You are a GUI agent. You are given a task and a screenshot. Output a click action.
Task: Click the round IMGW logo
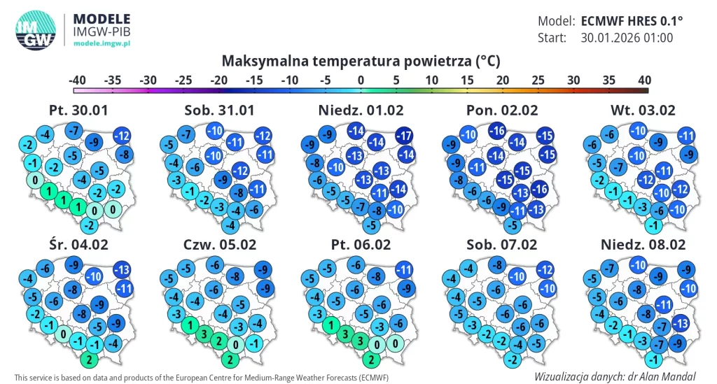coord(36,29)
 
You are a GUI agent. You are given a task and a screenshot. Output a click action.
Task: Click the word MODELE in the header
coord(102,19)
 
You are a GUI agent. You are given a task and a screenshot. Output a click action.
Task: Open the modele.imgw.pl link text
coord(102,43)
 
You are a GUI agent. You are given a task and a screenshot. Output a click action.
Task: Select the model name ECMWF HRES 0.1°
coord(632,21)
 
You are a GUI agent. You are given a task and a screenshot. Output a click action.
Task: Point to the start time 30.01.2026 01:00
coord(627,38)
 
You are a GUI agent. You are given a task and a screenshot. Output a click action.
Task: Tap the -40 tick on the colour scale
coord(77,80)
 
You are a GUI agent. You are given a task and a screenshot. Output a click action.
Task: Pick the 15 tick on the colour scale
coord(467,80)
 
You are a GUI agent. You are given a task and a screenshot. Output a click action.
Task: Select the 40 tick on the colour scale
coord(644,80)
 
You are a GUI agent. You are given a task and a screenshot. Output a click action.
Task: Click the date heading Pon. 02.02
coord(501,111)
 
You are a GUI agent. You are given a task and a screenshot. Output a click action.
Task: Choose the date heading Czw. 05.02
coord(219,245)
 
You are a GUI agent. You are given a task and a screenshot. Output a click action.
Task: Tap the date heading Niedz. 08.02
coord(643,245)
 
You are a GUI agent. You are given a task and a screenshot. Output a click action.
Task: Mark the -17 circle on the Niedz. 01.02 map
coord(404,136)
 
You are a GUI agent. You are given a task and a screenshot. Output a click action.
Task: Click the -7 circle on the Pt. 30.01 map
coord(74,131)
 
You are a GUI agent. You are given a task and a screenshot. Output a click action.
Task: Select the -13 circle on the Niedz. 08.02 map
coord(681,324)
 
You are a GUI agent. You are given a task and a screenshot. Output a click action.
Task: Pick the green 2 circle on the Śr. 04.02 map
coord(89,360)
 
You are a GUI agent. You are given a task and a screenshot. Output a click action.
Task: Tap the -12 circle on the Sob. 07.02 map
coord(545,269)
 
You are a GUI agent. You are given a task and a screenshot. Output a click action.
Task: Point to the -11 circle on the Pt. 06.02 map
coord(404,269)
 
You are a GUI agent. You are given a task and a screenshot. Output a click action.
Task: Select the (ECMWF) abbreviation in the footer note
coord(374,378)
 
